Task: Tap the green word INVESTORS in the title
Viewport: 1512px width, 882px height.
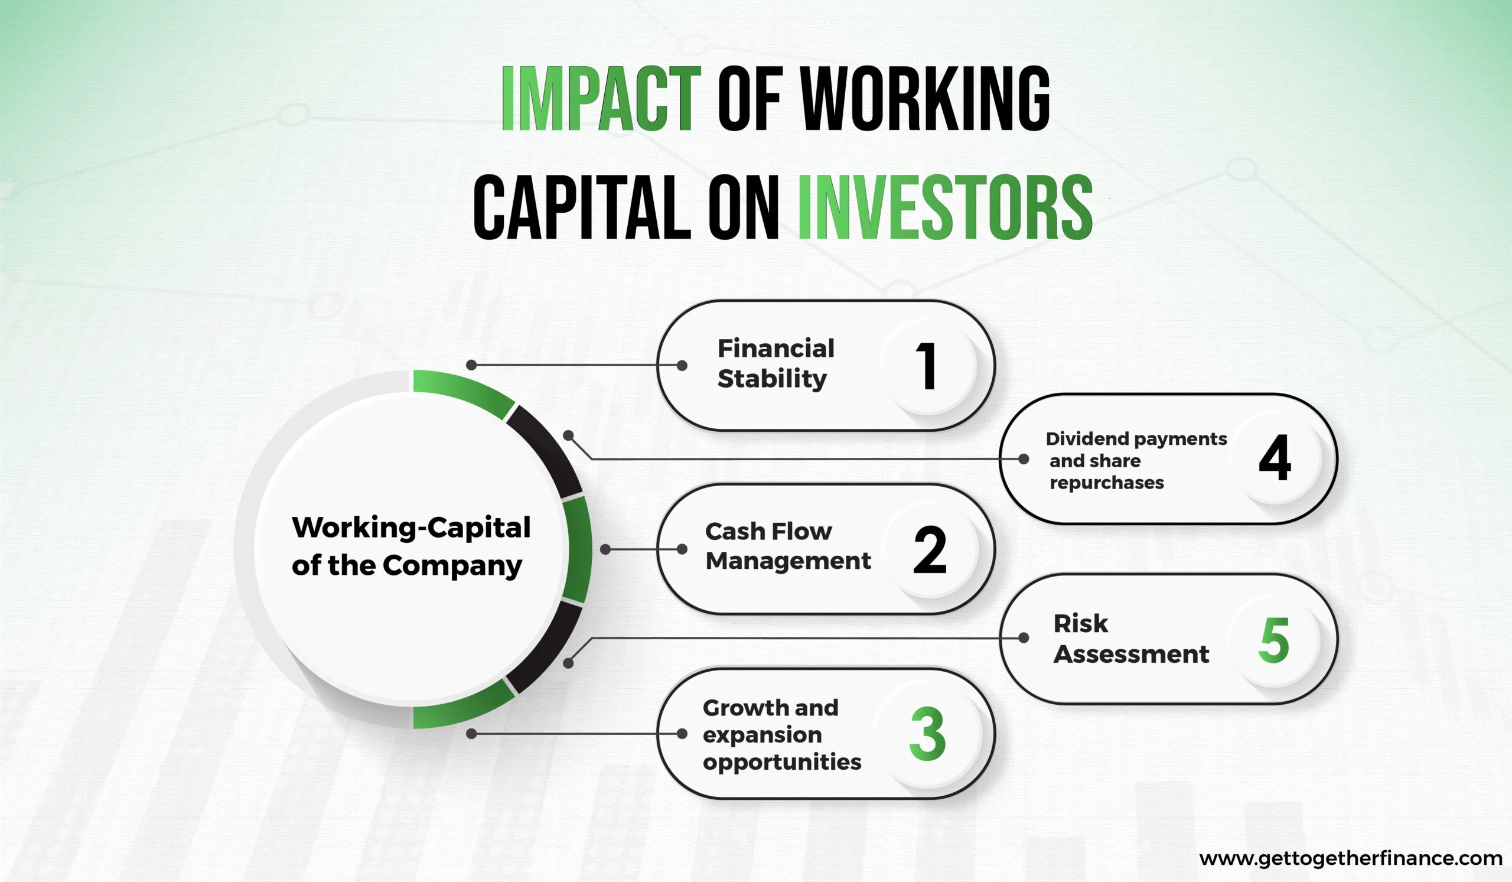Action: point(945,207)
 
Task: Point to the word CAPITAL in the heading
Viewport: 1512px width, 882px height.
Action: point(582,207)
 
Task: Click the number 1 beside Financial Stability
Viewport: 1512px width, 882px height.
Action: point(927,366)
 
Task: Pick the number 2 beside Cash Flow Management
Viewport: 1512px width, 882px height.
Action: point(930,549)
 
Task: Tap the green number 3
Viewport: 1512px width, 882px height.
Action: point(928,733)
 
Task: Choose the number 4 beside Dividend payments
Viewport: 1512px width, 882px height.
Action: point(1275,457)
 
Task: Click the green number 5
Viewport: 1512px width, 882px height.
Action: point(1273,640)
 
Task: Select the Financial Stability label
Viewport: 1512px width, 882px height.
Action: point(776,363)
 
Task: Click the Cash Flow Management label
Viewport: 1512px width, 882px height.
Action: point(788,546)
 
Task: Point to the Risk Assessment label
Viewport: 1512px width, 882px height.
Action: point(1131,639)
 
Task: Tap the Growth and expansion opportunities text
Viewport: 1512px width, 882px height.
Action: point(782,734)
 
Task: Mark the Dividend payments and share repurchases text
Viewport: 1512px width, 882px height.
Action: point(1136,460)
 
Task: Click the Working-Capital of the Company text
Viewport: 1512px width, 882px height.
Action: point(411,546)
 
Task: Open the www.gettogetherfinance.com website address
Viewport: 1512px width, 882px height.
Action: point(1351,858)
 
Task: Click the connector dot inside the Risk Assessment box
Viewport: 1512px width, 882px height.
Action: point(1024,638)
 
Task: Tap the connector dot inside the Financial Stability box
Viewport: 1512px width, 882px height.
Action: point(682,366)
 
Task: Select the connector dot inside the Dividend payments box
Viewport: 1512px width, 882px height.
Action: point(1024,459)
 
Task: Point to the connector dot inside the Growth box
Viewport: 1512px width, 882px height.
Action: point(682,733)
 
